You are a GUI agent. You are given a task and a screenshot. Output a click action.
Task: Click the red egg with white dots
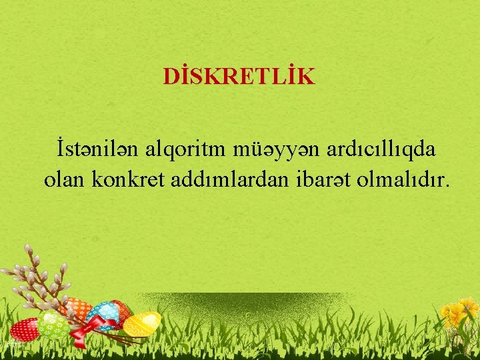[25, 329]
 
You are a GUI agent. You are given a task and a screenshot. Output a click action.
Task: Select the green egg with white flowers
[53, 325]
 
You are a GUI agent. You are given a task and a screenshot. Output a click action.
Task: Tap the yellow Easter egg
[141, 323]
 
